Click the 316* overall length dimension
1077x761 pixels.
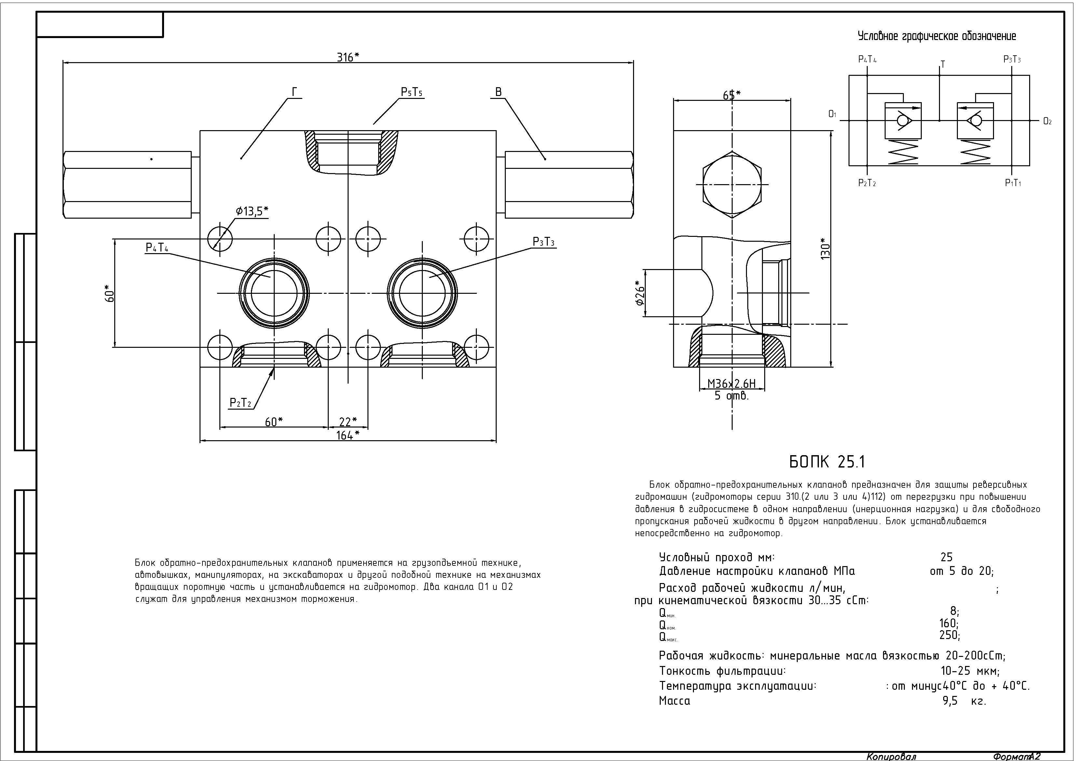point(348,57)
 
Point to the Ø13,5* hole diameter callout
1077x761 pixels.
point(252,211)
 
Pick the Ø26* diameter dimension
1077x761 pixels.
point(640,293)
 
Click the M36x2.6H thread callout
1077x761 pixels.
point(731,384)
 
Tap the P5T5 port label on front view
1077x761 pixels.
point(411,92)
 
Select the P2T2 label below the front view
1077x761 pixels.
point(241,403)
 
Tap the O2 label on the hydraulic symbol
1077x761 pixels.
point(1047,121)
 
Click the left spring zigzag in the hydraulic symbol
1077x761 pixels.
point(903,152)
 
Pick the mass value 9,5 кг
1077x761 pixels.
point(964,701)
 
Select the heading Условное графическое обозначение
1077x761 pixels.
point(936,36)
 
